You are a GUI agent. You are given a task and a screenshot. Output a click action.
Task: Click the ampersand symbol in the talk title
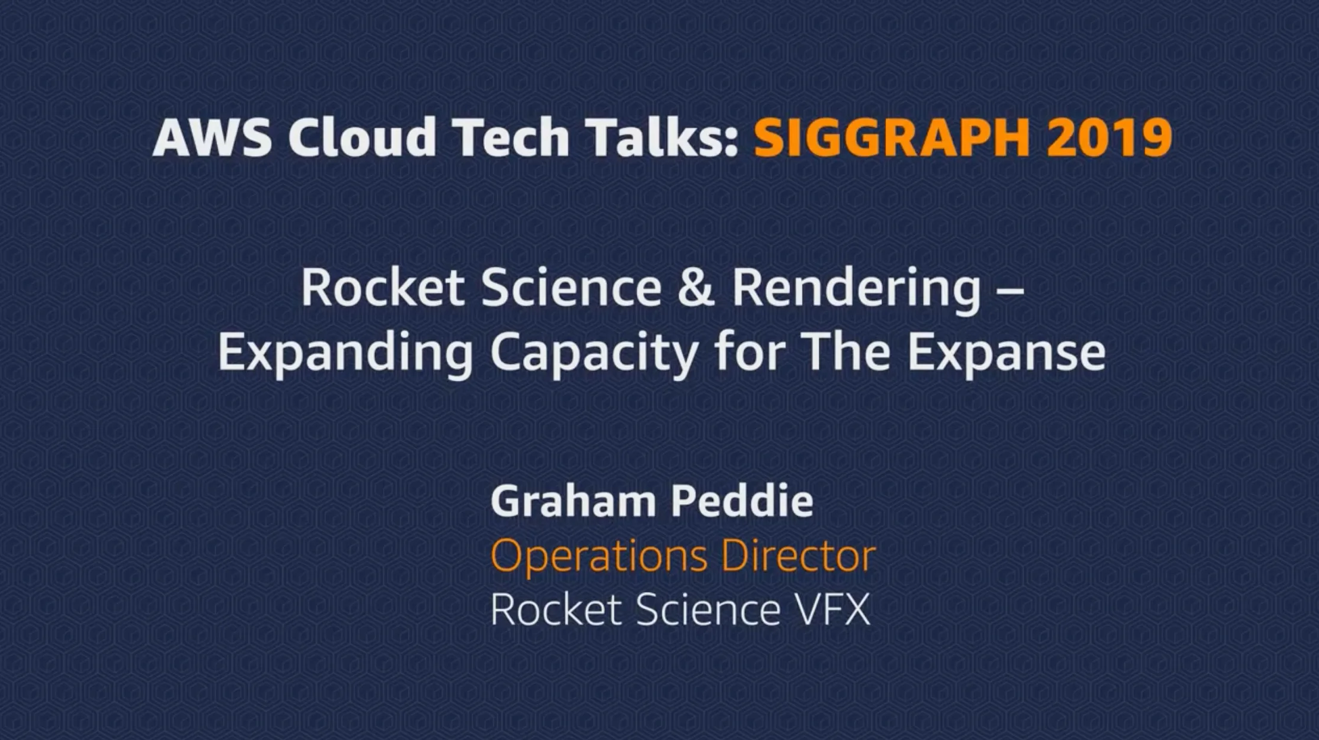696,288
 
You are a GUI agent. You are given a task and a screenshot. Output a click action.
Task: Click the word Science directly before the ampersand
571,288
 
